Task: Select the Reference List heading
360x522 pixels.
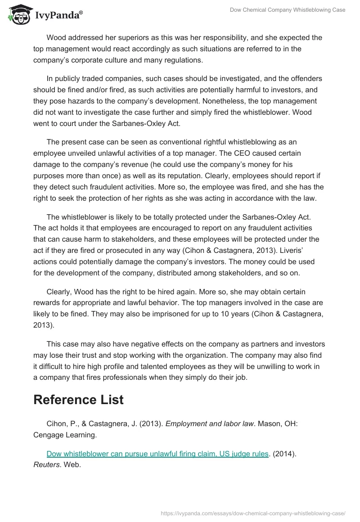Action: (78, 399)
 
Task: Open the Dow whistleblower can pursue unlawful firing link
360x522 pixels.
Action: (157, 454)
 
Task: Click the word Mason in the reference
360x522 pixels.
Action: (266, 423)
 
